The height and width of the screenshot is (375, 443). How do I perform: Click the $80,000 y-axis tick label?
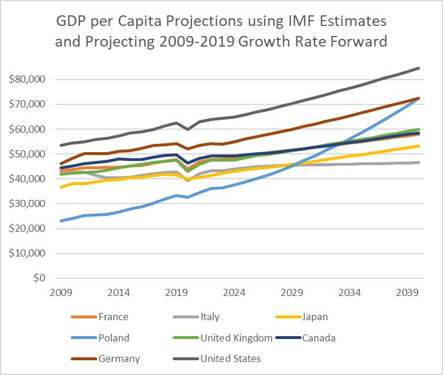[x=27, y=79]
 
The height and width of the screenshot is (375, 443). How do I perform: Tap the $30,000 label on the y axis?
[x=27, y=203]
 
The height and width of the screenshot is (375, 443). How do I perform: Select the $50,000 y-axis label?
[x=27, y=154]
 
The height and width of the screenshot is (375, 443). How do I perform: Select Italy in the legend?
[x=210, y=317]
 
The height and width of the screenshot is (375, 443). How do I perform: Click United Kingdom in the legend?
[x=237, y=338]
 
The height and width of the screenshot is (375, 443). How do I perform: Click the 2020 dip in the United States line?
[x=188, y=129]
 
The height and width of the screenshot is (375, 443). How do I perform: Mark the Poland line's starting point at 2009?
[x=61, y=221]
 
